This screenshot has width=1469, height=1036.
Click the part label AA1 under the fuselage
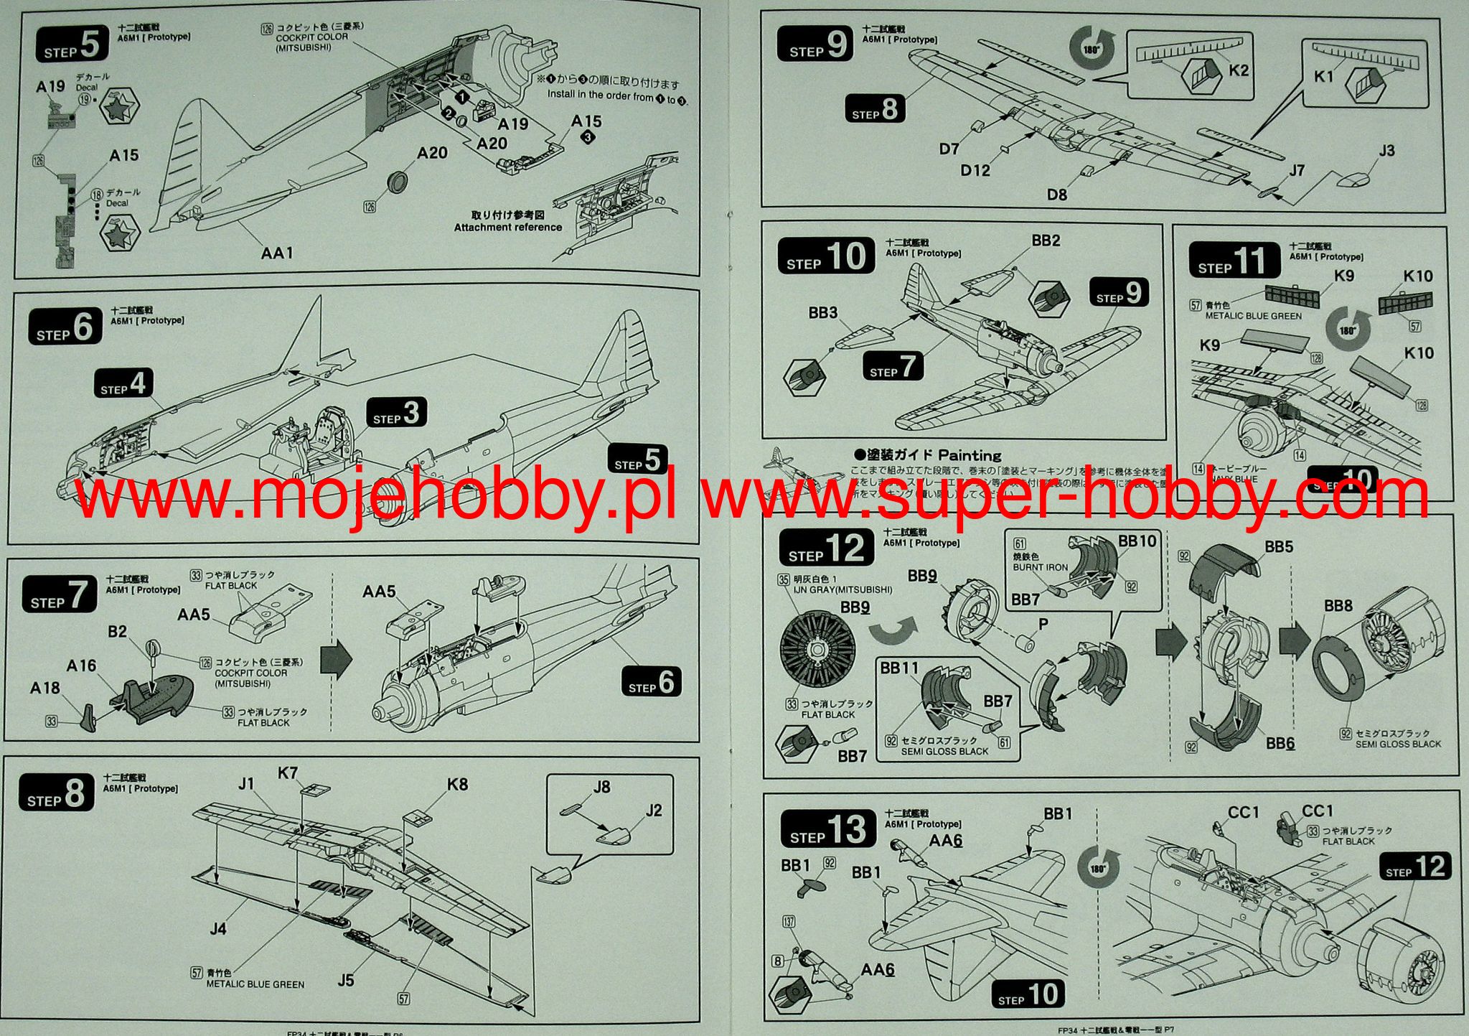[277, 253]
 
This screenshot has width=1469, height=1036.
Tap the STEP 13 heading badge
[828, 829]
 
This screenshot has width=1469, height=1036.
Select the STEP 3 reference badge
[397, 414]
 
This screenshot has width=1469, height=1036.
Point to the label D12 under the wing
[975, 170]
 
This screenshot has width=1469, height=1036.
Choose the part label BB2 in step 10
[1046, 241]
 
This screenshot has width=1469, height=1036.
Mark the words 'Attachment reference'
[507, 228]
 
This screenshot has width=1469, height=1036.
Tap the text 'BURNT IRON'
[1040, 567]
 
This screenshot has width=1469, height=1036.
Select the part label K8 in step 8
[457, 784]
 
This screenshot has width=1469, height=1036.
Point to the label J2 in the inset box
[653, 811]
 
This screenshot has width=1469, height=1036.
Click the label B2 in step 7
[117, 632]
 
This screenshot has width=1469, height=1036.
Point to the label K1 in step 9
[1323, 76]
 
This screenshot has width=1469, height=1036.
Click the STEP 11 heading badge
[1234, 261]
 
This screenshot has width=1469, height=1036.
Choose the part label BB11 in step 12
[899, 668]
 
